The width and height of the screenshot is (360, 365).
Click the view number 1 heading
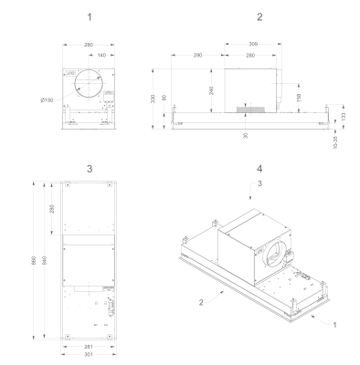point(89,17)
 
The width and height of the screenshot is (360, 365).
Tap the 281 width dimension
point(89,347)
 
